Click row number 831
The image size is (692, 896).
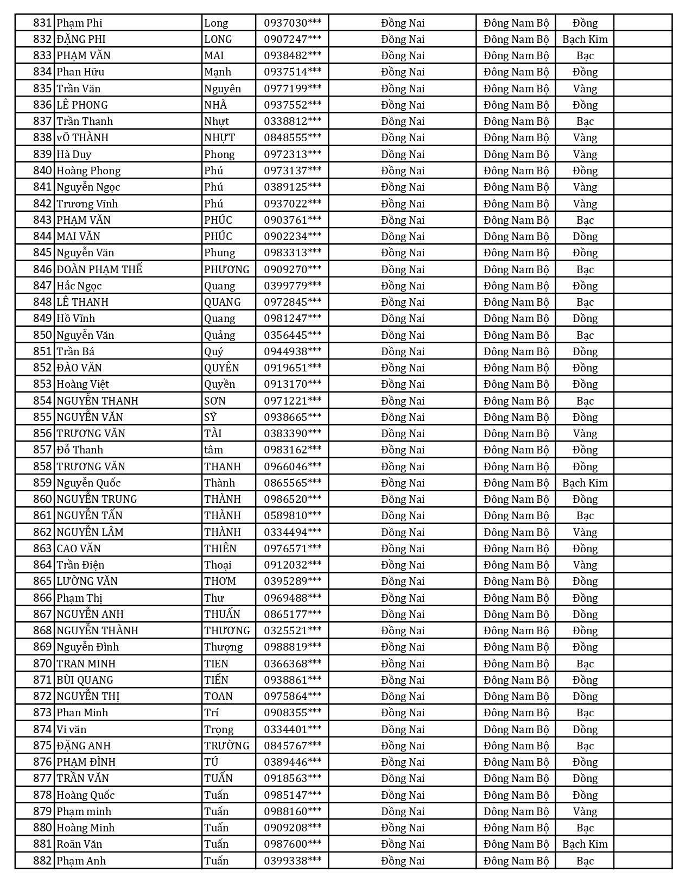(x=42, y=23)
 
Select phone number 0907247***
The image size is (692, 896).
(x=292, y=39)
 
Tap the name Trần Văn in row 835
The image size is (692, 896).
(x=79, y=89)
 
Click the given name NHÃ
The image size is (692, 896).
(x=215, y=105)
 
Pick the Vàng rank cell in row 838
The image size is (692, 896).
(x=585, y=137)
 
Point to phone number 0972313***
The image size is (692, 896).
(x=292, y=154)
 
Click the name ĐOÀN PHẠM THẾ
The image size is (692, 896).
(x=99, y=269)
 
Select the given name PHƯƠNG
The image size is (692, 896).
(x=227, y=269)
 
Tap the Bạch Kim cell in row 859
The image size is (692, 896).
(x=585, y=483)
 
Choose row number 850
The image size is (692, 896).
(x=42, y=335)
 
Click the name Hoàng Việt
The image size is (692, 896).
(x=83, y=384)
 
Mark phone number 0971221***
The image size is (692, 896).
(x=292, y=401)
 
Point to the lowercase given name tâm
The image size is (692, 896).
(x=213, y=450)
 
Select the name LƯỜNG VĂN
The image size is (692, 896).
(x=87, y=581)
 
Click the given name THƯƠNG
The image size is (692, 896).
(x=227, y=630)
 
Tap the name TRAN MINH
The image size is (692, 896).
(x=86, y=664)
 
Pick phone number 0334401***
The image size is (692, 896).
(x=292, y=729)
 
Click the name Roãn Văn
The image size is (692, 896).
(x=80, y=844)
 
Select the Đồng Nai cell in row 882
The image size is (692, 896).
(x=402, y=861)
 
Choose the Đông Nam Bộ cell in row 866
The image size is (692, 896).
(x=516, y=598)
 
